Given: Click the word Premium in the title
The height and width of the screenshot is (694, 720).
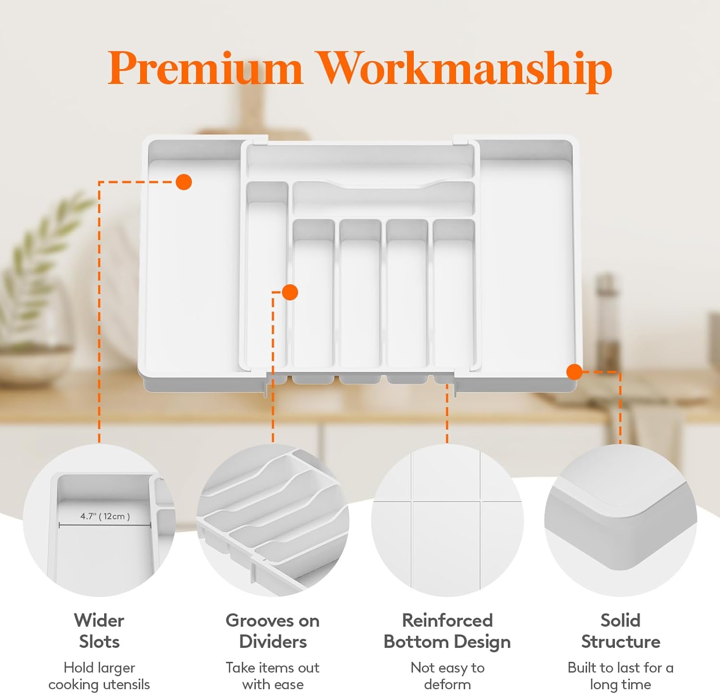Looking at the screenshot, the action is tap(205, 68).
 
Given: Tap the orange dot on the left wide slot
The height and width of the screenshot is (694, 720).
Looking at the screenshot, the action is tap(184, 182).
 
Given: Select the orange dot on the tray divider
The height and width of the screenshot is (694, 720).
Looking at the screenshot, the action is tap(290, 292).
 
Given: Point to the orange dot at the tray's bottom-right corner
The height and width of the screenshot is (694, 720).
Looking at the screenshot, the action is tap(575, 371).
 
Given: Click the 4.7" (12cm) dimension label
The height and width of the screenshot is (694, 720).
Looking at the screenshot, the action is tap(105, 516).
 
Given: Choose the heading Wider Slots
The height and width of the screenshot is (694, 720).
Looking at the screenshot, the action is tap(99, 631).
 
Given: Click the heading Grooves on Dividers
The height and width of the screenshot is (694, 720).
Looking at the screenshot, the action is tap(273, 631).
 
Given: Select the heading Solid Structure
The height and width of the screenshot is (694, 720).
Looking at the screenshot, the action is tap(621, 631).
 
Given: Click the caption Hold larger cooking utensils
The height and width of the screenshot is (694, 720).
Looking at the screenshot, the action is tap(99, 676).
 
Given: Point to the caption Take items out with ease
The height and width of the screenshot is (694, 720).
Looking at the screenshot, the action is tap(273, 676).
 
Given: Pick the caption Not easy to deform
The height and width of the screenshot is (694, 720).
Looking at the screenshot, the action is tap(447, 676).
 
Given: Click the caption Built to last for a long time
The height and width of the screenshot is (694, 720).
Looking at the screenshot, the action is tap(621, 676).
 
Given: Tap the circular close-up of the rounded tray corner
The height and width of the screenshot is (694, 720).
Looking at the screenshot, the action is tap(621, 520).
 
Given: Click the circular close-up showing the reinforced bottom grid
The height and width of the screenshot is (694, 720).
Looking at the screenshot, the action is tap(447, 520).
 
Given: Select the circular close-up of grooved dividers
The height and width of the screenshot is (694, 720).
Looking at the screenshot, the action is tap(273, 520).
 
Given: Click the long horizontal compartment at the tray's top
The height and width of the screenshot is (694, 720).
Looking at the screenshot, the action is tap(360, 161).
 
